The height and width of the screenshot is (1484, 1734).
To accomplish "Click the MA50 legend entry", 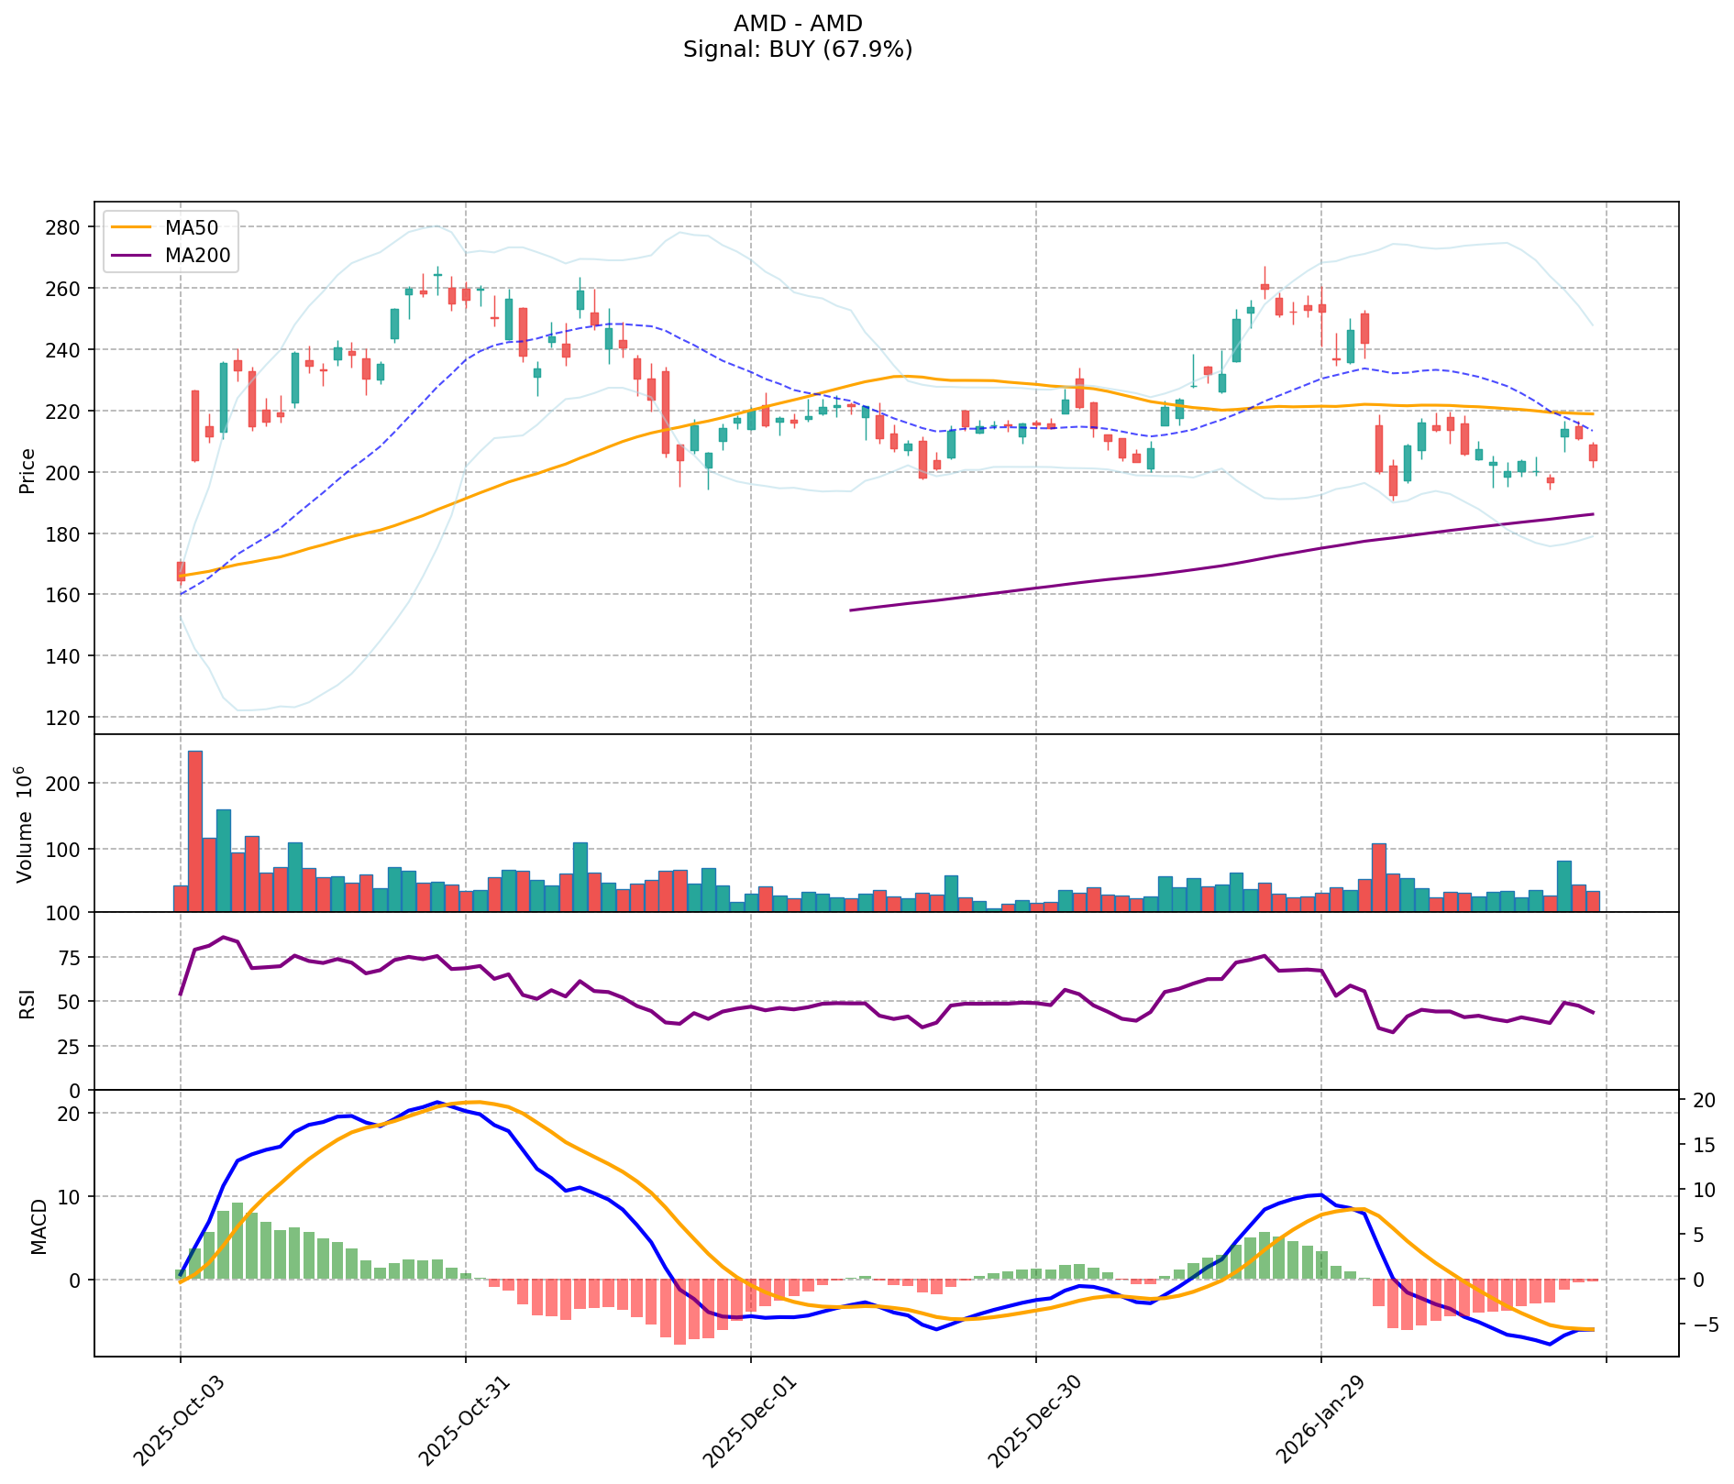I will click(x=192, y=227).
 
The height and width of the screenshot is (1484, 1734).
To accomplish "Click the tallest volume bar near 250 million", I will click(x=195, y=830).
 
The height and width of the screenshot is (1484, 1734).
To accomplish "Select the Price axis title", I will click(x=28, y=471).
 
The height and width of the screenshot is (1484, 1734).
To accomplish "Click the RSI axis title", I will click(x=28, y=1003).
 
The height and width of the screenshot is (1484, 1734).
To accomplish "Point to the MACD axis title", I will click(x=39, y=1226).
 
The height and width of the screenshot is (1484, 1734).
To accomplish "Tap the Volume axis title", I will click(x=26, y=824).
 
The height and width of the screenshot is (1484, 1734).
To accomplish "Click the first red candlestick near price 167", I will click(x=181, y=571).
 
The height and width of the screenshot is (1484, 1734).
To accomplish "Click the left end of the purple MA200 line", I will click(x=852, y=610).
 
